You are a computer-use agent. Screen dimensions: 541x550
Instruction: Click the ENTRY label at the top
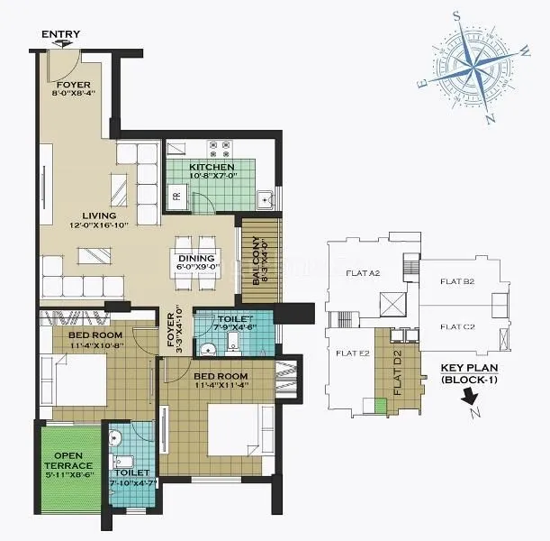60,34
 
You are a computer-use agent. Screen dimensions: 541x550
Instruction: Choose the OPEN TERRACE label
69,462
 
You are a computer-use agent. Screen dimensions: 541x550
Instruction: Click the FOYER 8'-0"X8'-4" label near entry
66,88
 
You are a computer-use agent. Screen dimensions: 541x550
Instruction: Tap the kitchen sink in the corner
265,199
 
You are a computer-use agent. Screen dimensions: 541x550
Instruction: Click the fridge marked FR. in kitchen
176,194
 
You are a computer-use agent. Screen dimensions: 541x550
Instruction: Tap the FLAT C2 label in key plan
457,326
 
